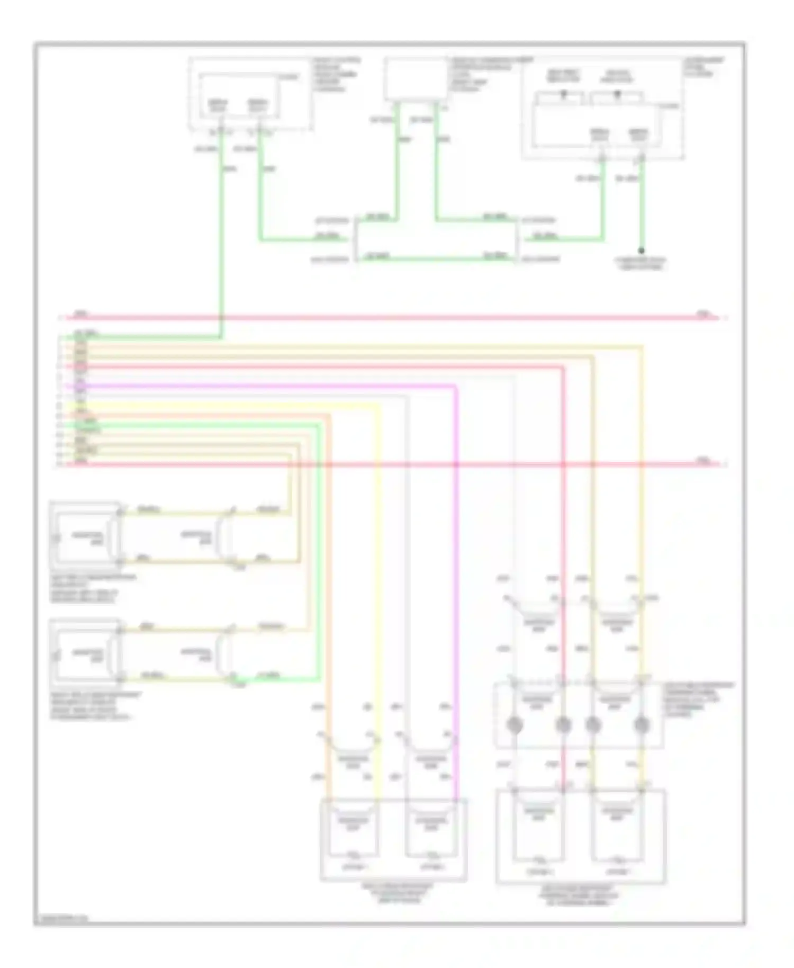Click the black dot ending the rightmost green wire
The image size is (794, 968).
641,250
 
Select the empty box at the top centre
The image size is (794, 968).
416,79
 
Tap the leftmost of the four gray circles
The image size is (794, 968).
515,724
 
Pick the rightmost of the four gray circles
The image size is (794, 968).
642,724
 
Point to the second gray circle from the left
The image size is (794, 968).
563,724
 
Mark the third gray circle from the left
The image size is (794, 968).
593,724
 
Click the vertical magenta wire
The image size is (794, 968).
456,582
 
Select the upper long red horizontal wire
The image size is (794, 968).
392,318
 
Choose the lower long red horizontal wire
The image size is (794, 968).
392,464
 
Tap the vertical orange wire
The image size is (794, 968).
329,582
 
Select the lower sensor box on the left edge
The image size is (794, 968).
85,652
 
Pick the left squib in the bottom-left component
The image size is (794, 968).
353,829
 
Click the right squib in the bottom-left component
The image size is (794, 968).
431,829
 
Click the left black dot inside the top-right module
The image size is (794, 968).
564,93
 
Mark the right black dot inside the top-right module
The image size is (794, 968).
617,93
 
